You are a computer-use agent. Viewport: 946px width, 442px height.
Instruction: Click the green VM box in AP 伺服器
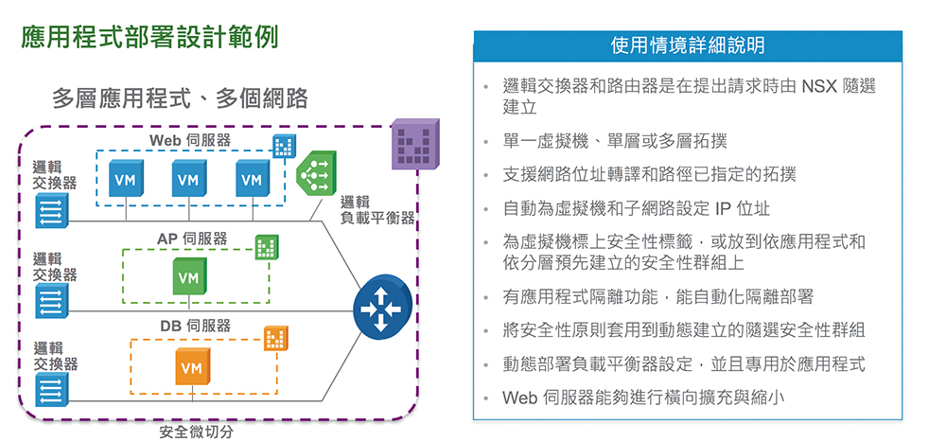tap(189, 276)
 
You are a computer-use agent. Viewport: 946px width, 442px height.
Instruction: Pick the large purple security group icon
tap(414, 144)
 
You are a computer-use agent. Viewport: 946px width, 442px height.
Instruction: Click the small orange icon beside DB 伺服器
tap(275, 338)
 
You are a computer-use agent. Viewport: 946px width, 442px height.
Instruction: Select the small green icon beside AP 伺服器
tap(267, 247)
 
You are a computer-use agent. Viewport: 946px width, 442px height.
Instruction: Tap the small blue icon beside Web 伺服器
tap(284, 145)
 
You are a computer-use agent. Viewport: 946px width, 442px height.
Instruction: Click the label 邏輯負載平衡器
tap(377, 209)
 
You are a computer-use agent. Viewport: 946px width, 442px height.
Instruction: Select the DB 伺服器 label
tap(196, 327)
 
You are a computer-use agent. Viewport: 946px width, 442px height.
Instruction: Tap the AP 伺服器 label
tap(192, 239)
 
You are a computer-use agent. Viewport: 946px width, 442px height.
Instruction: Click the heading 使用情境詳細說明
tap(687, 45)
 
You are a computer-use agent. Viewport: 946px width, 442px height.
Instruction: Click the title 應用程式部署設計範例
tap(149, 38)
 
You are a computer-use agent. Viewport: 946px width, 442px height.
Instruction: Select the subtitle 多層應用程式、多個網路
tap(181, 98)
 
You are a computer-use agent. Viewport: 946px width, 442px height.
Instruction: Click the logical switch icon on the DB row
tap(52, 389)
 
